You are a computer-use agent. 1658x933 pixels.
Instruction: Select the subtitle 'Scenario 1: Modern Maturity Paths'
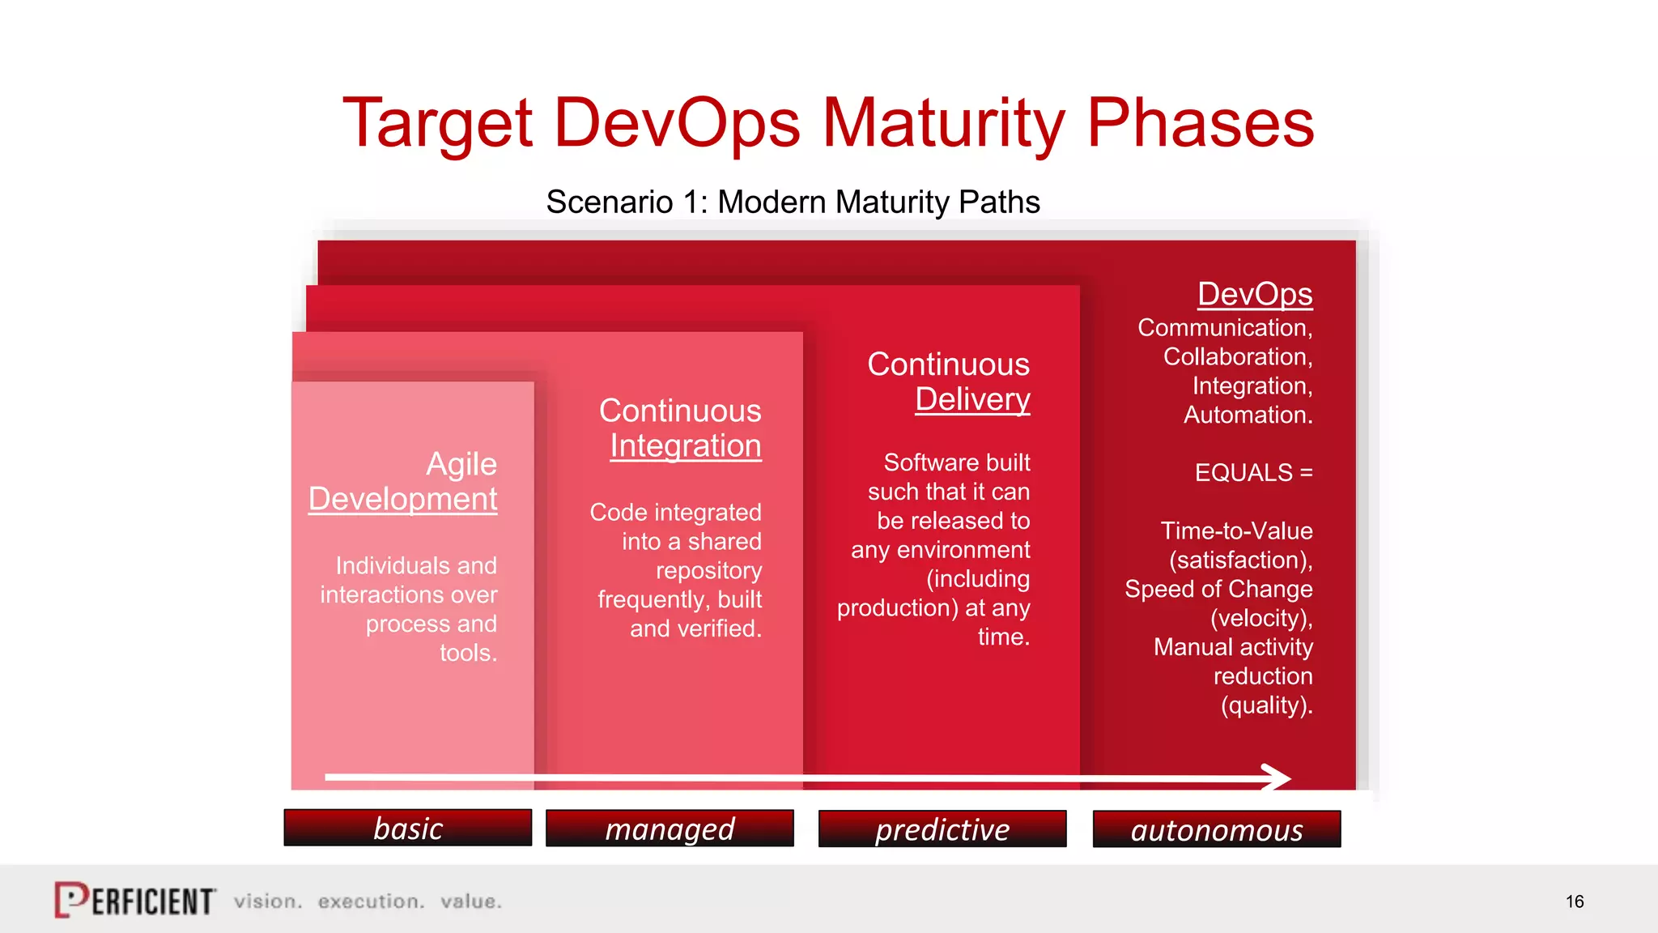coord(793,202)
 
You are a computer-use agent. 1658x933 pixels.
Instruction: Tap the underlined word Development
coord(402,499)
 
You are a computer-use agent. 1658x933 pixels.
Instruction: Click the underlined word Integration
coord(685,445)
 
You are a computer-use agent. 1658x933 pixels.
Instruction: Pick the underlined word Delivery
coord(972,399)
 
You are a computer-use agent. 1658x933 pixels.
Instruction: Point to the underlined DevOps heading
coord(1254,294)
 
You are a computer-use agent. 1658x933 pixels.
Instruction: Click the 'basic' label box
coord(407,828)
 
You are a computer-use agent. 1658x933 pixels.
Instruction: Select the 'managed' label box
coord(670,829)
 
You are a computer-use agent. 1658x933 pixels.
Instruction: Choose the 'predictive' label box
coord(942,829)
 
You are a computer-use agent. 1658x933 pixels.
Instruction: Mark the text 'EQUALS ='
coord(1253,472)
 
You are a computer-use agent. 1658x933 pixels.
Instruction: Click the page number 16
coord(1574,901)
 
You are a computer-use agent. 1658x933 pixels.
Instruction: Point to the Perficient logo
coord(134,900)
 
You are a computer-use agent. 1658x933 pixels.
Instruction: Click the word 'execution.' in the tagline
coord(371,901)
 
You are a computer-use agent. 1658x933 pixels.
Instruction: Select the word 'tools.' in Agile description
coord(468,653)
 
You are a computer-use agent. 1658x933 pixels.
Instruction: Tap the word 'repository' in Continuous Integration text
coord(708,571)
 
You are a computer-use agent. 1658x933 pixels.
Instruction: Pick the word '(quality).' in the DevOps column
coord(1266,705)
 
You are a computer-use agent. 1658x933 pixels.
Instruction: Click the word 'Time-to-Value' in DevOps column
coord(1236,531)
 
